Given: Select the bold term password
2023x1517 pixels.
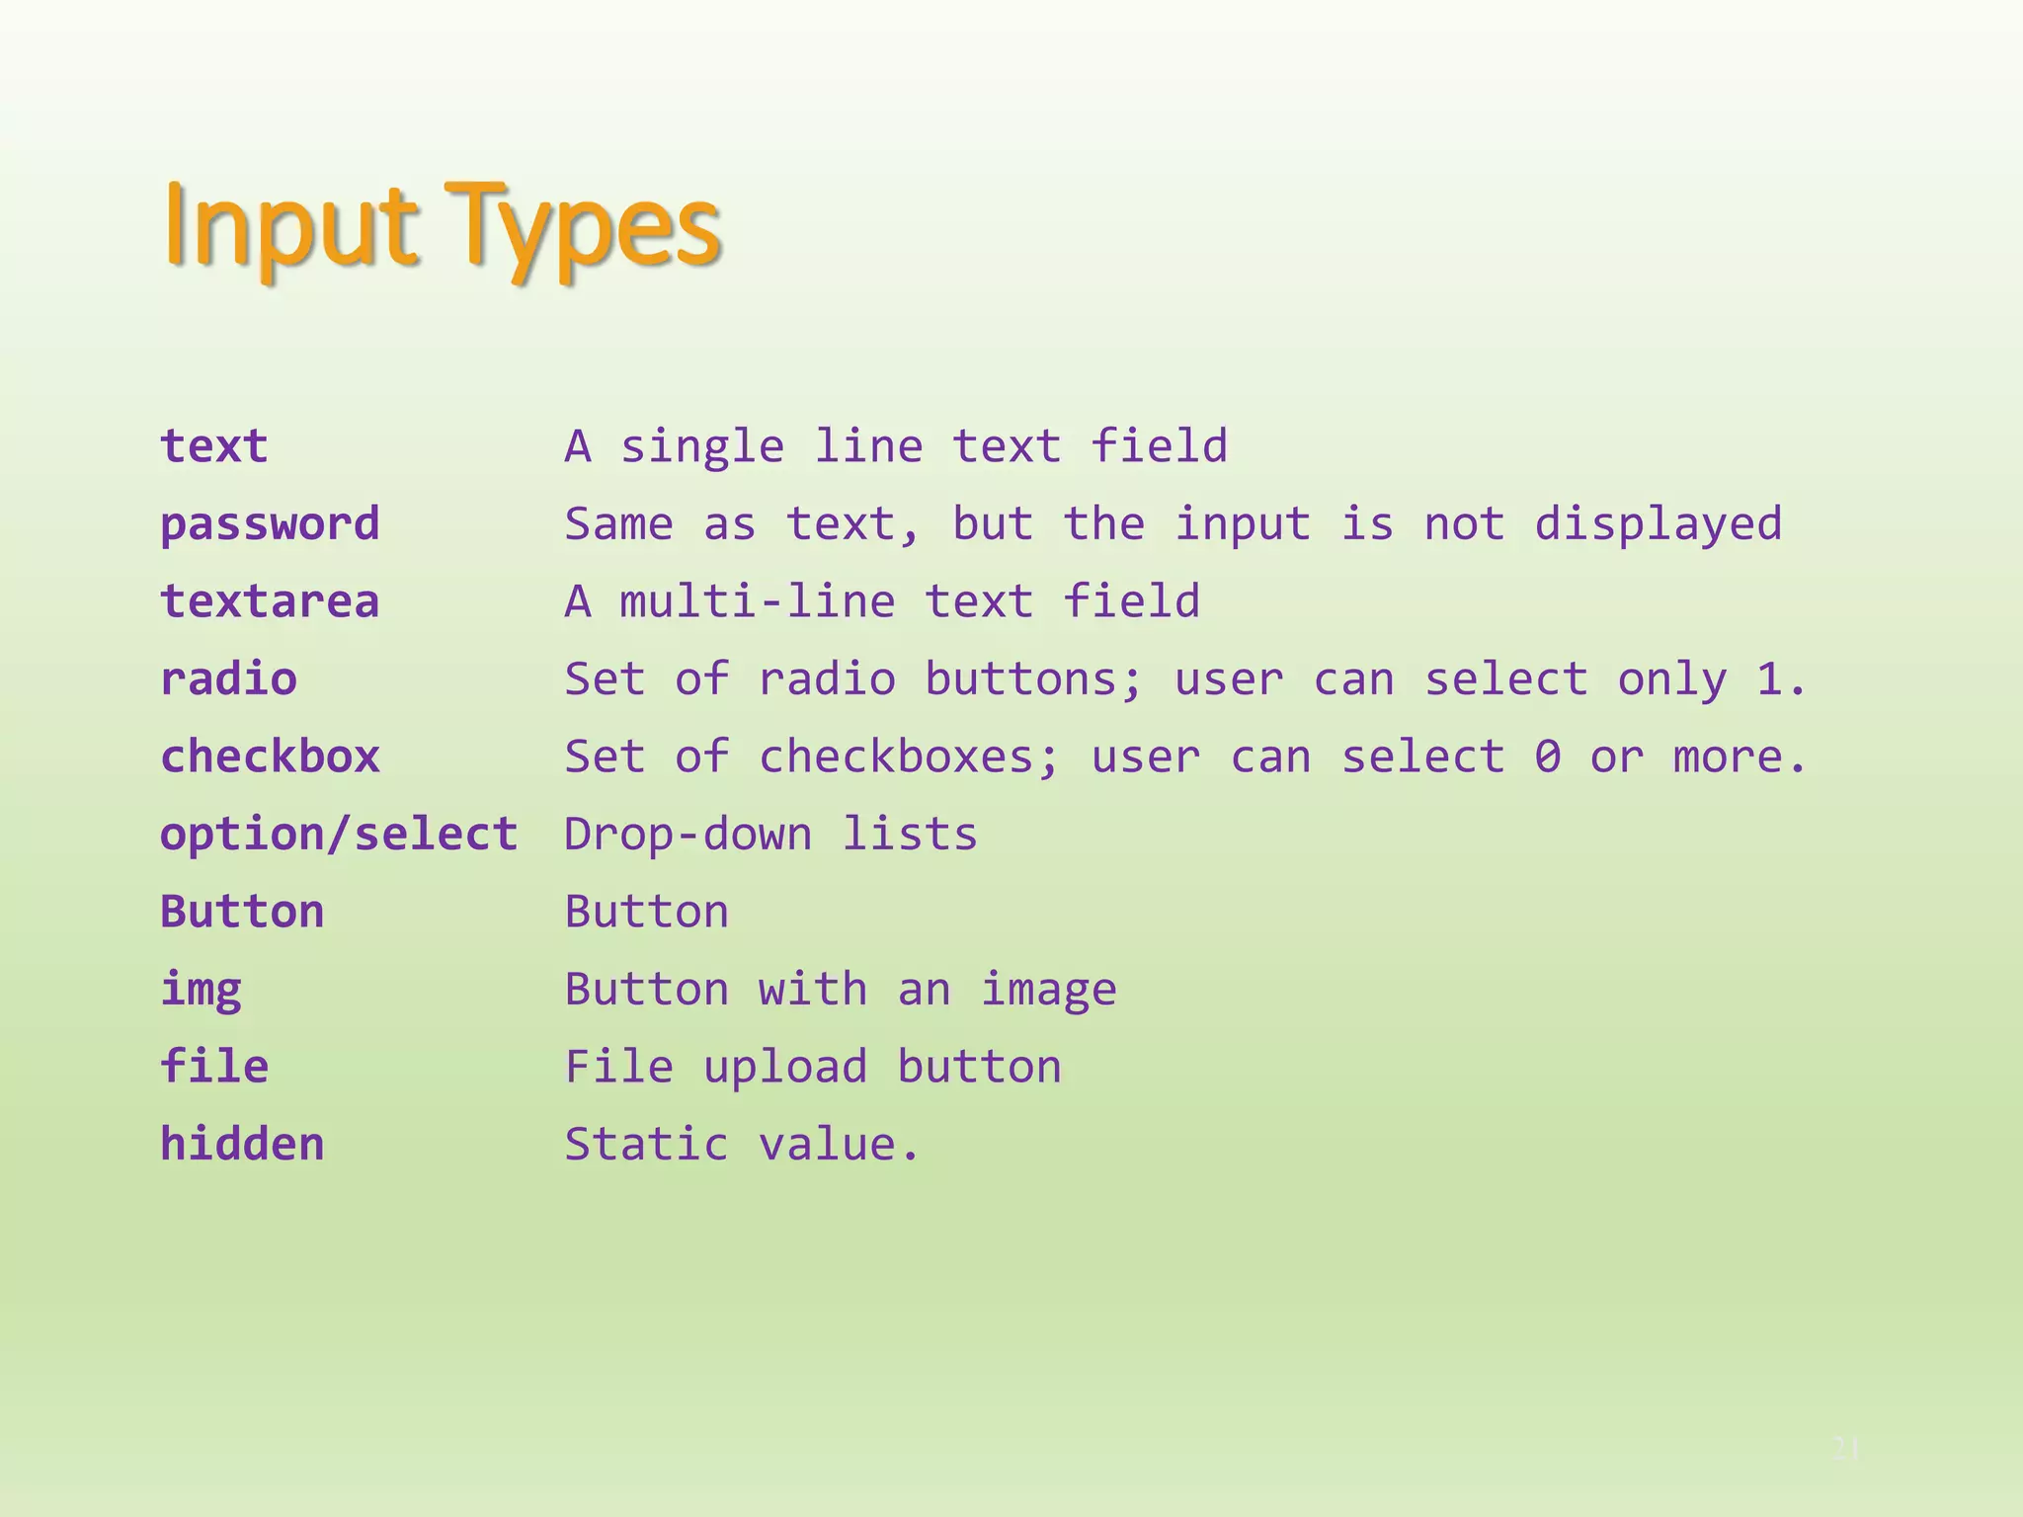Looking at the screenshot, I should point(270,523).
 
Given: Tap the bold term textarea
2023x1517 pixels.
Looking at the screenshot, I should point(270,601).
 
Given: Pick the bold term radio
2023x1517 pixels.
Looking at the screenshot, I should point(228,679).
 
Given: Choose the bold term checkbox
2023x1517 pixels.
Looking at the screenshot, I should point(270,757).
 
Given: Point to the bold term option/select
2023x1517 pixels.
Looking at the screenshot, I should point(339,835).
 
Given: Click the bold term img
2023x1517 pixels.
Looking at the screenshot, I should point(201,990).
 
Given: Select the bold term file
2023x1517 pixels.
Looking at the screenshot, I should point(214,1067).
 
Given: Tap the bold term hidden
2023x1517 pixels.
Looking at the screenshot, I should point(242,1144).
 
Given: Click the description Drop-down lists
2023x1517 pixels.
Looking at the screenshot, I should point(770,835).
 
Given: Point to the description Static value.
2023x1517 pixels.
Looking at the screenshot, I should point(742,1144).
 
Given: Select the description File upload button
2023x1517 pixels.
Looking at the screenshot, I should point(813,1067).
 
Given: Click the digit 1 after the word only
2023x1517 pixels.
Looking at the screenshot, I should point(1769,679).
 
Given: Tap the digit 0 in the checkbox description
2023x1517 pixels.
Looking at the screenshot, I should point(1548,757).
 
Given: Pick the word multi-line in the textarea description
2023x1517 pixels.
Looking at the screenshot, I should point(757,601).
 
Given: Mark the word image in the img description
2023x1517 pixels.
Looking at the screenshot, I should point(1048,990).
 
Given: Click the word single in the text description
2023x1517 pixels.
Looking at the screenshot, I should point(701,446).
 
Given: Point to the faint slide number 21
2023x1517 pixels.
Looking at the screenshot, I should point(1846,1449).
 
